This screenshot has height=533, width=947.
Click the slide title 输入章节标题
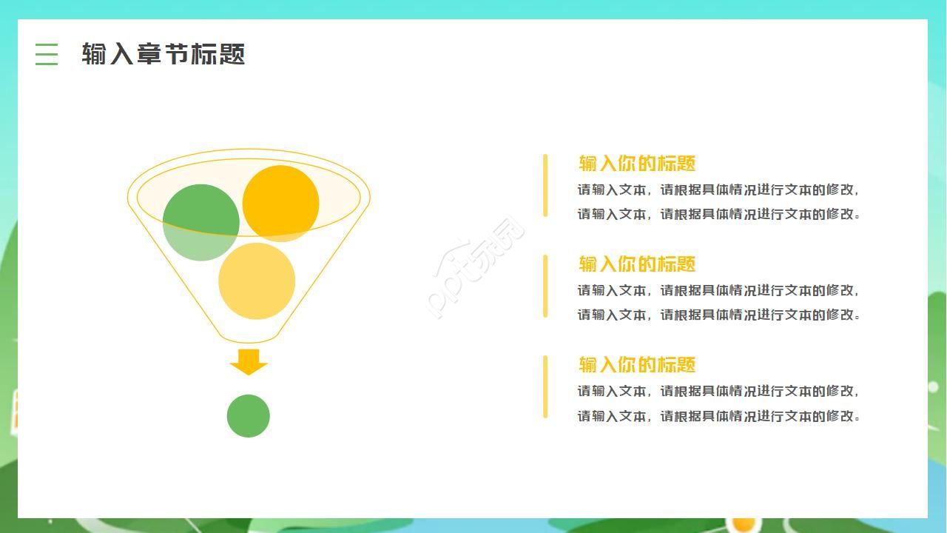pos(163,54)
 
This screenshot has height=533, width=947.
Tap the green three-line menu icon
pos(47,54)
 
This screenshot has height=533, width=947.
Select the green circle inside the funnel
pos(200,222)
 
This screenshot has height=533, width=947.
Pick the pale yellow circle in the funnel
pos(257,282)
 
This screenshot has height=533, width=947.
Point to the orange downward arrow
pos(249,361)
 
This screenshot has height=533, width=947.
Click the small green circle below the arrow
pos(249,416)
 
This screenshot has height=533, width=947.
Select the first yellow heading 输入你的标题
pos(637,164)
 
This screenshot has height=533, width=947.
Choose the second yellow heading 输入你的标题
pos(637,264)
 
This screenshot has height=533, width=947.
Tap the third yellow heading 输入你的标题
pos(637,365)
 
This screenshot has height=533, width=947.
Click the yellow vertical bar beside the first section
pos(545,185)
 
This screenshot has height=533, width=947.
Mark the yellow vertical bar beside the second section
pos(545,286)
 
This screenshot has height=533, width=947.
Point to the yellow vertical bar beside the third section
pos(545,386)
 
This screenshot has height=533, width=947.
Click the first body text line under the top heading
pos(718,190)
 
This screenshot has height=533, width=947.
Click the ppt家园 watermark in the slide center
pos(477,268)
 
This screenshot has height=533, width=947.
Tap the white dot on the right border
pos(933,386)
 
